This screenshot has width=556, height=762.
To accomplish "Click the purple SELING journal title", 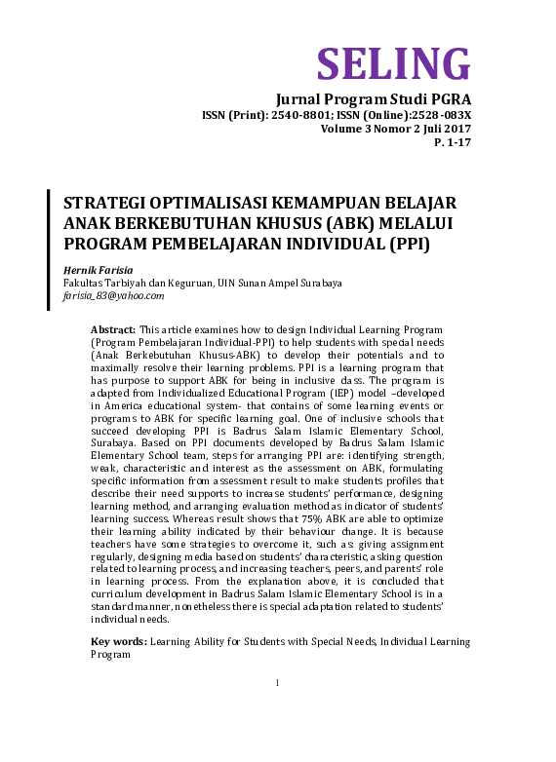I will click(x=393, y=63).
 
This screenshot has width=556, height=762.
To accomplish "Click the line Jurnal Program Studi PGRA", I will click(x=374, y=99).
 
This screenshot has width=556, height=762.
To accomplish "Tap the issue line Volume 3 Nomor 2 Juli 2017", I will click(x=395, y=129).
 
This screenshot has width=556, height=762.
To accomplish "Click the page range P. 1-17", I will click(x=452, y=142).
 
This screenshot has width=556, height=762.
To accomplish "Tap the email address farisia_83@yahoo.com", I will click(x=113, y=295).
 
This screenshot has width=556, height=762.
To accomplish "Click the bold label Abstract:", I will click(x=114, y=331).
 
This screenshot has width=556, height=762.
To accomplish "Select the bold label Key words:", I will click(x=119, y=642).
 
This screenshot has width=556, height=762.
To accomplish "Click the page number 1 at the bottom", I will click(x=277, y=682).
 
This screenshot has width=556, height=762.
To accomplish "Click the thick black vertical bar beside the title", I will click(x=50, y=249).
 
